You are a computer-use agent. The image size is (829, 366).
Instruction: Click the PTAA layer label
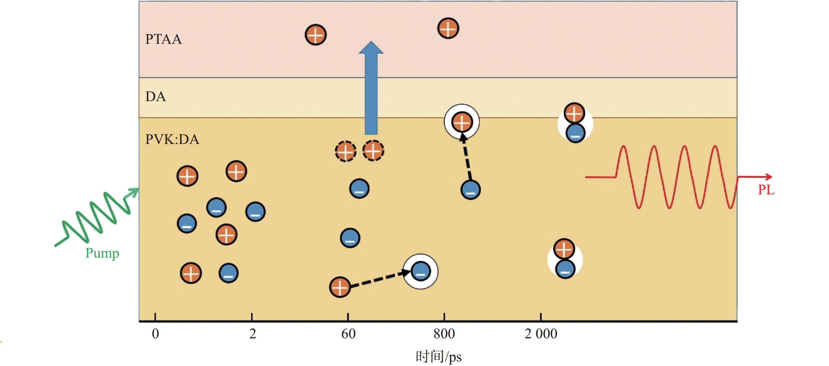tap(164, 39)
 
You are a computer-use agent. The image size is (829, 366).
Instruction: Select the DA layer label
tap(156, 97)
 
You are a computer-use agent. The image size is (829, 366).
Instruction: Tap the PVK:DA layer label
tap(172, 140)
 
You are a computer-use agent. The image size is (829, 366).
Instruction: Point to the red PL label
tap(766, 190)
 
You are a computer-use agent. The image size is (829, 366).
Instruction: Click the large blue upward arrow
tap(371, 88)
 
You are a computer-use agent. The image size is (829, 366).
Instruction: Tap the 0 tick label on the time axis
tap(155, 334)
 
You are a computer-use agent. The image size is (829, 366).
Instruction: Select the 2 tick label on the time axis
tap(252, 334)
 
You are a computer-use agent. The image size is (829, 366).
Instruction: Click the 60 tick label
tap(349, 334)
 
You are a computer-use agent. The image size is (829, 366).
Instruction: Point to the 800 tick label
tap(444, 334)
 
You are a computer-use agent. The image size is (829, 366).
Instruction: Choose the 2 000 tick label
tap(541, 334)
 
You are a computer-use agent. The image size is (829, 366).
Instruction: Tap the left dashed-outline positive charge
tap(346, 152)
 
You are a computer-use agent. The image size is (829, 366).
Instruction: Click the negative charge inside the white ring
tap(421, 271)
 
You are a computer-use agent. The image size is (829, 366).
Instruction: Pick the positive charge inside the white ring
tap(462, 122)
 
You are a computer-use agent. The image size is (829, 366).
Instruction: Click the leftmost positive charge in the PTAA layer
tap(316, 35)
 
